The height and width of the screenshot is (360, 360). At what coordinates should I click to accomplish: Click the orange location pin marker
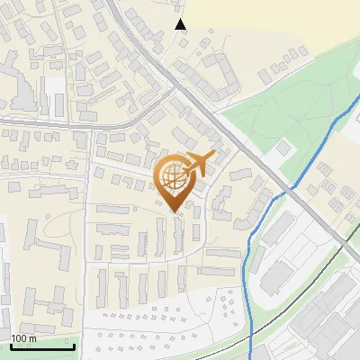tap(176, 181)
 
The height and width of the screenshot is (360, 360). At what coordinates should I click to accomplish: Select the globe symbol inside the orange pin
tap(174, 179)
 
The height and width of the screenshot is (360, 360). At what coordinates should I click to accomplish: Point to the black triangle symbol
tap(181, 24)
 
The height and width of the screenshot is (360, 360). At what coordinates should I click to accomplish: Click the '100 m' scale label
tap(23, 338)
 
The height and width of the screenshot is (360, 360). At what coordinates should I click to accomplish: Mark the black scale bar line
tap(42, 346)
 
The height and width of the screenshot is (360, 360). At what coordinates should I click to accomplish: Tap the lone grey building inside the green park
tap(284, 146)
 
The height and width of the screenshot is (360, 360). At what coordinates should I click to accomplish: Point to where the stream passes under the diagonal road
tap(294, 192)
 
